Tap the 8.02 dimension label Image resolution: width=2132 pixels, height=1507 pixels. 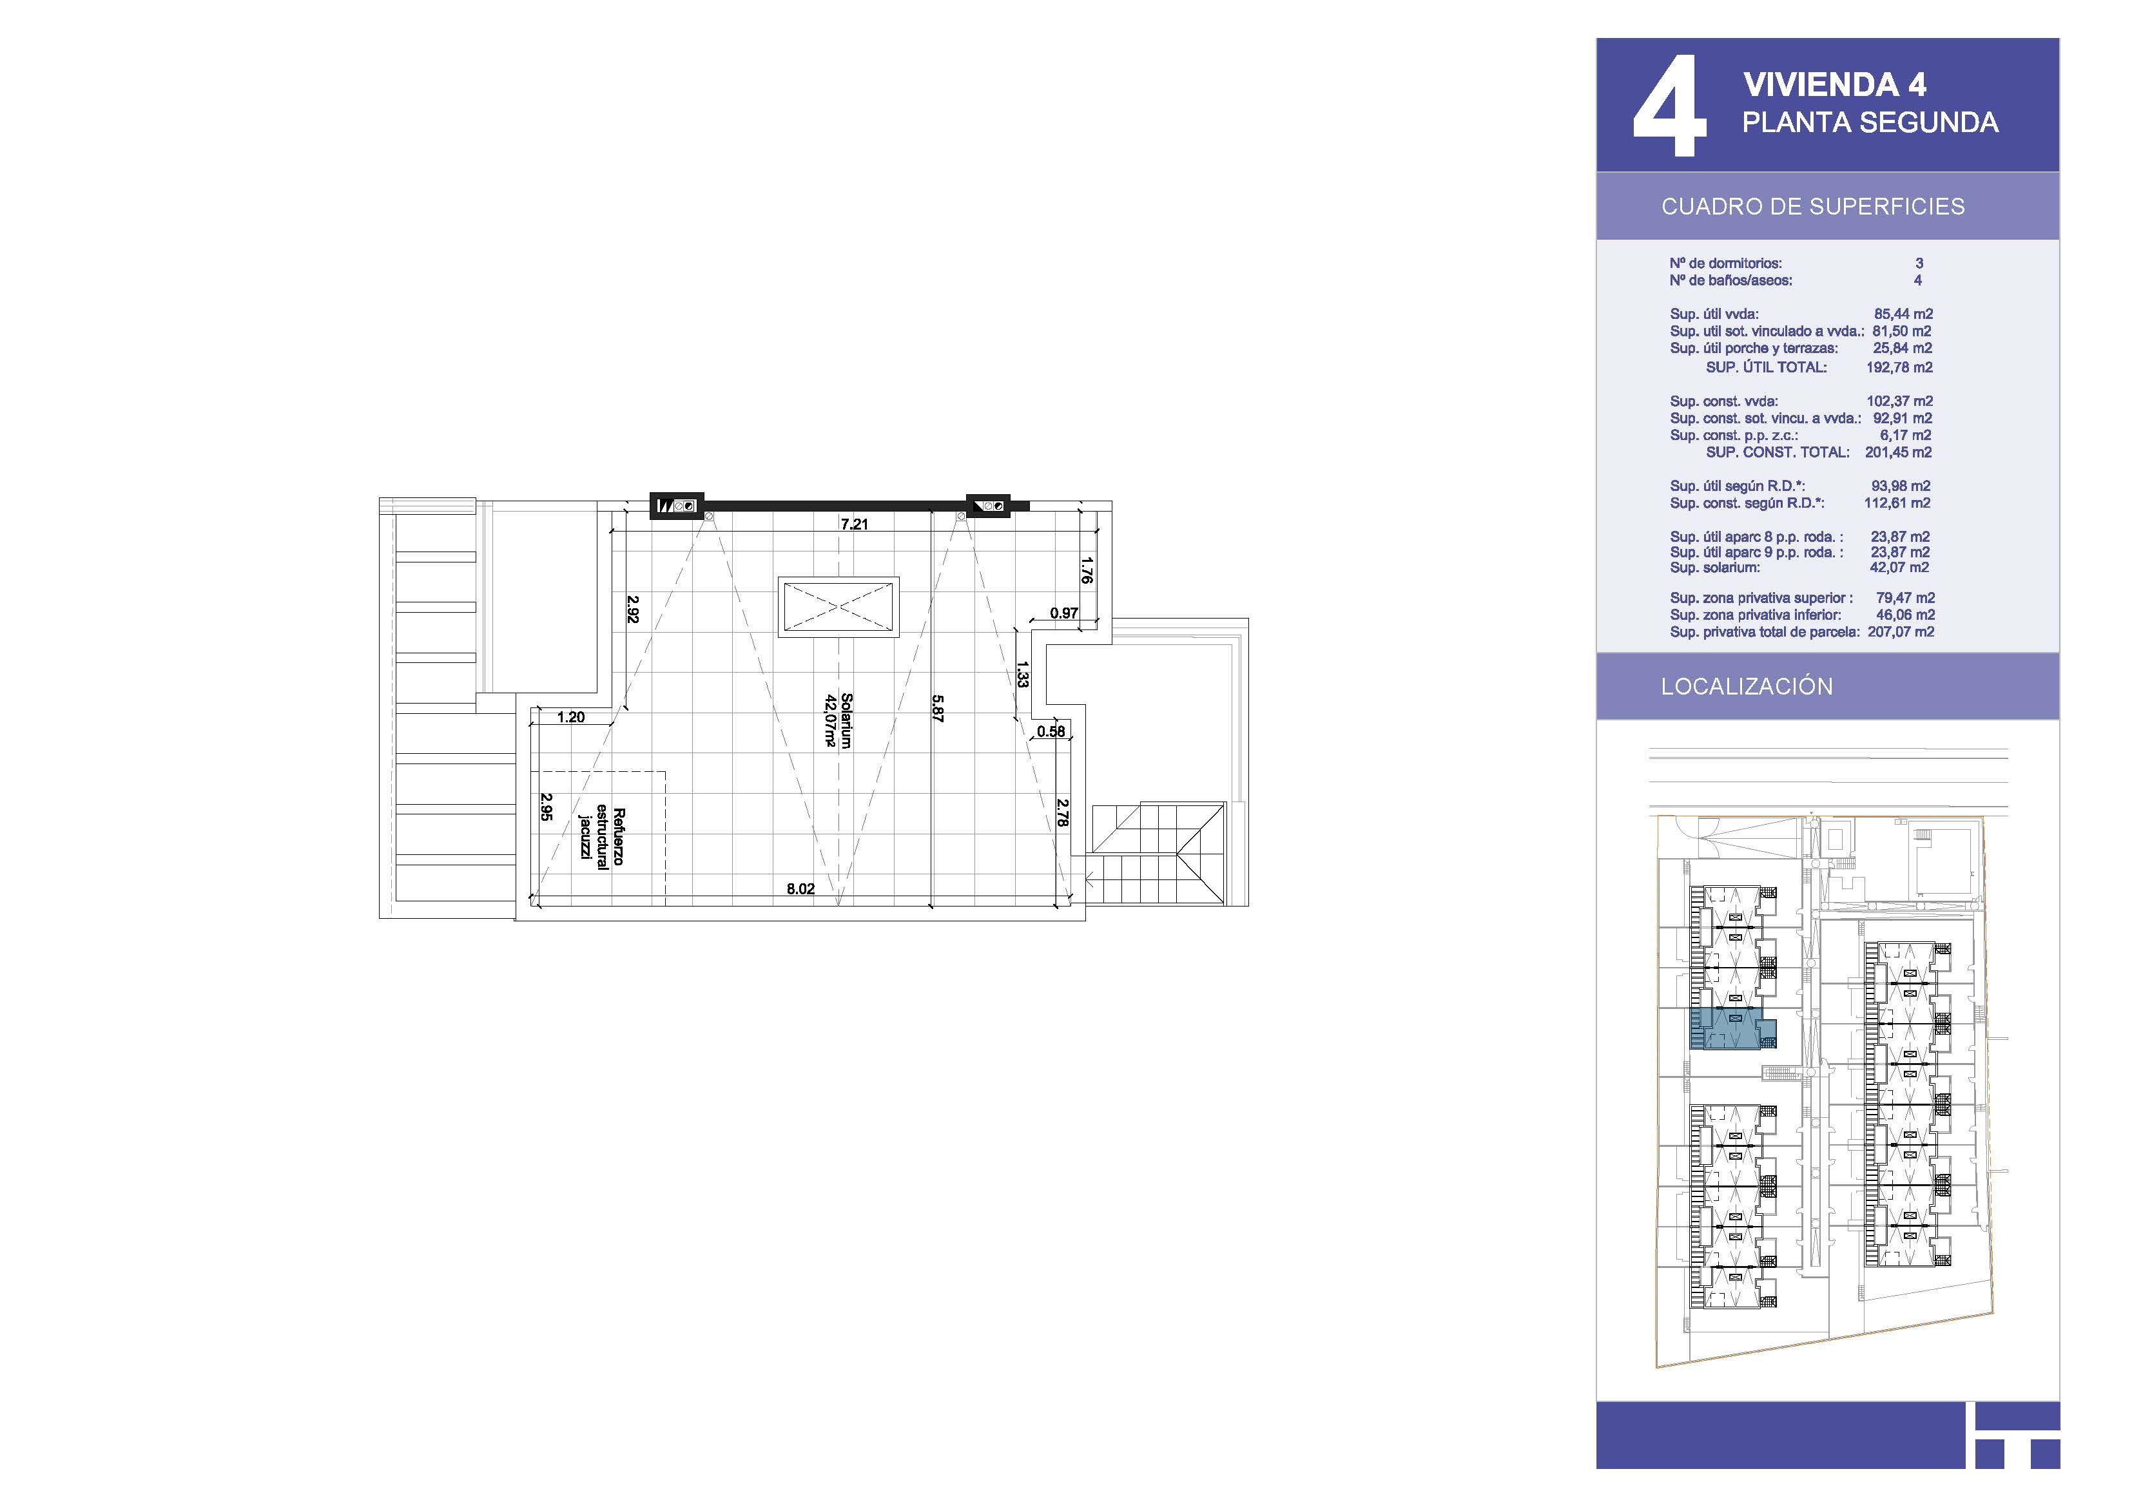(800, 888)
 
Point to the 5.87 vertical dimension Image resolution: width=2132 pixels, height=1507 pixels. (938, 709)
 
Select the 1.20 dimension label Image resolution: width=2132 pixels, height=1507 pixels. (571, 717)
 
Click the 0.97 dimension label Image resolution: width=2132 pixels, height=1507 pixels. (1064, 613)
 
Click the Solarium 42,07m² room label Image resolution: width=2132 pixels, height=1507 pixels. (838, 720)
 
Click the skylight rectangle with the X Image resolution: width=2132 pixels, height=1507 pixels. (838, 608)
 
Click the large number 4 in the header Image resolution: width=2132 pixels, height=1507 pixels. (1669, 105)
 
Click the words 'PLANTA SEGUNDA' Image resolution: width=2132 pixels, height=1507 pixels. (1870, 122)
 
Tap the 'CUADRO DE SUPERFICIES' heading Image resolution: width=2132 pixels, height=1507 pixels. (1812, 206)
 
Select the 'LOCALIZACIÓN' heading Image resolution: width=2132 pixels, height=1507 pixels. (1747, 686)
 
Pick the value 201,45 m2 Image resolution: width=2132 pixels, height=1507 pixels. (1898, 452)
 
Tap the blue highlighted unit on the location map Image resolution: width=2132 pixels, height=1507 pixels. (1725, 1028)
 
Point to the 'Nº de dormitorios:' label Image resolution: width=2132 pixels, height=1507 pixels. (1725, 264)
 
